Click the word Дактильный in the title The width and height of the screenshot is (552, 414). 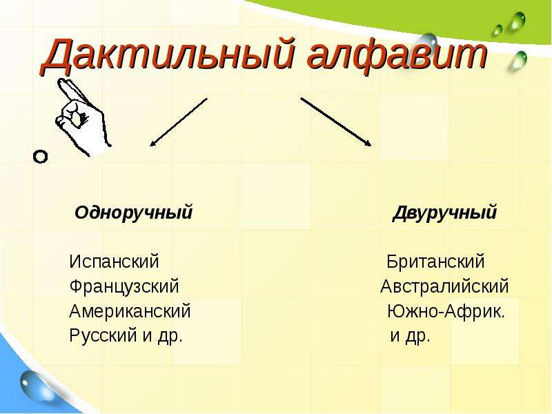pos(168,55)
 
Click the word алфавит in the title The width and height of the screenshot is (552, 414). pos(397,55)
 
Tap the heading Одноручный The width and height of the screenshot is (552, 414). pos(134,213)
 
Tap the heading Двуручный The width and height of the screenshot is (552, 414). pos(444,213)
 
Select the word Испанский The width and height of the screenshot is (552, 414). pos(115,262)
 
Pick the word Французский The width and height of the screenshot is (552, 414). pos(124,286)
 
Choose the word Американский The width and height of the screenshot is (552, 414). pos(130,311)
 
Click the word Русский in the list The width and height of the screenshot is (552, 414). pos(103,335)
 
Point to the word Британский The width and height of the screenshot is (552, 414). pos(436,262)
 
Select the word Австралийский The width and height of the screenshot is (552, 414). pos(444,286)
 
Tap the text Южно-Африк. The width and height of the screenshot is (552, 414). pos(446,311)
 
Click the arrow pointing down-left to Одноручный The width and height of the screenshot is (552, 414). pos(179,122)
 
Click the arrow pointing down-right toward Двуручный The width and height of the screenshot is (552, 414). pos(336,121)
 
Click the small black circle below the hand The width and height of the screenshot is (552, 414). pos(40,157)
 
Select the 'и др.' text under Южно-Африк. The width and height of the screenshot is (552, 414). pos(411,335)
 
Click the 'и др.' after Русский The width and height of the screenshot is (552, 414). pos(163,335)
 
